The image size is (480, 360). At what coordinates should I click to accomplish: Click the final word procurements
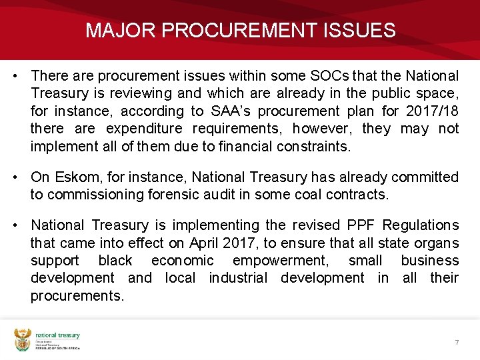point(77,295)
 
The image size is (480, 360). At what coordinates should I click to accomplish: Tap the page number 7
point(457,342)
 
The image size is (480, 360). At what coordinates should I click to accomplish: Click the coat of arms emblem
point(23,339)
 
